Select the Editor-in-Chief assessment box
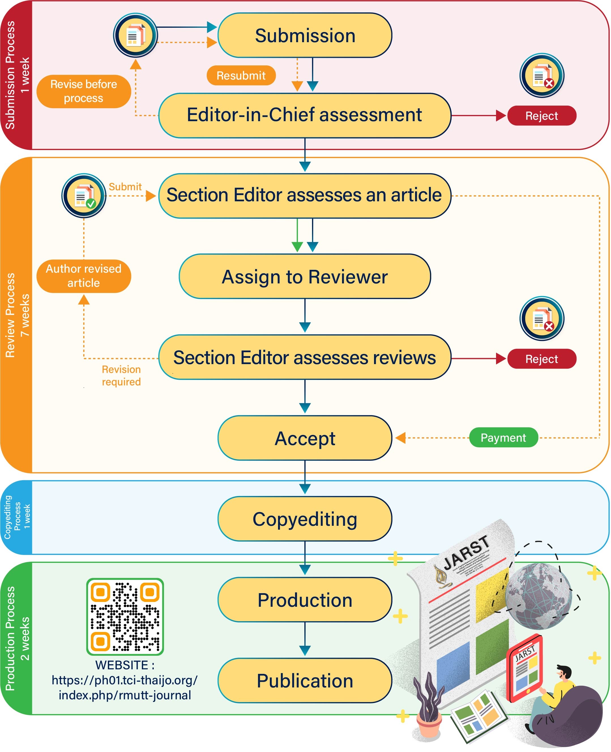pos(305,115)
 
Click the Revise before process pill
pos(84,91)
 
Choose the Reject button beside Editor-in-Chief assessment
pos(541,116)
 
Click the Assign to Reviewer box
pos(305,277)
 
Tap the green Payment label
pos(503,437)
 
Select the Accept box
pos(305,438)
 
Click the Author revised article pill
pos(84,276)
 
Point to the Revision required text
pos(121,375)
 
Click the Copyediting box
pos(305,519)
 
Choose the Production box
pos(305,600)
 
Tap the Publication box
pos(305,681)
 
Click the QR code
pos(125,616)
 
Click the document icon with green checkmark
pos(84,196)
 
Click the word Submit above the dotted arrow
pos(125,187)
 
